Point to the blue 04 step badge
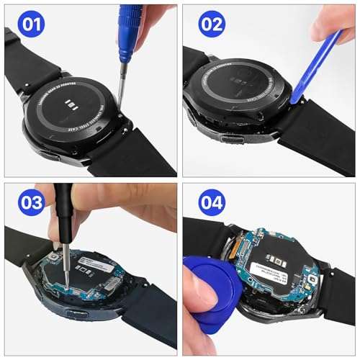[212, 203]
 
